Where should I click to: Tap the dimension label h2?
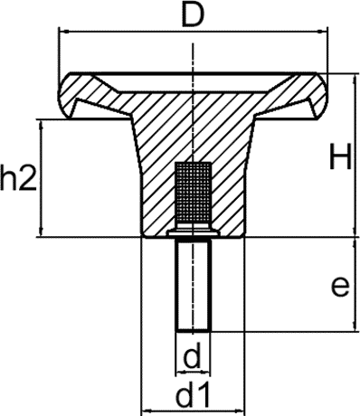click(17, 178)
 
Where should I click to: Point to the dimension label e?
click(339, 287)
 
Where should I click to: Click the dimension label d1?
click(192, 396)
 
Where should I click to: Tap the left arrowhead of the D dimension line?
click(62, 31)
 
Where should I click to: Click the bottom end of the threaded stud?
click(192, 329)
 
